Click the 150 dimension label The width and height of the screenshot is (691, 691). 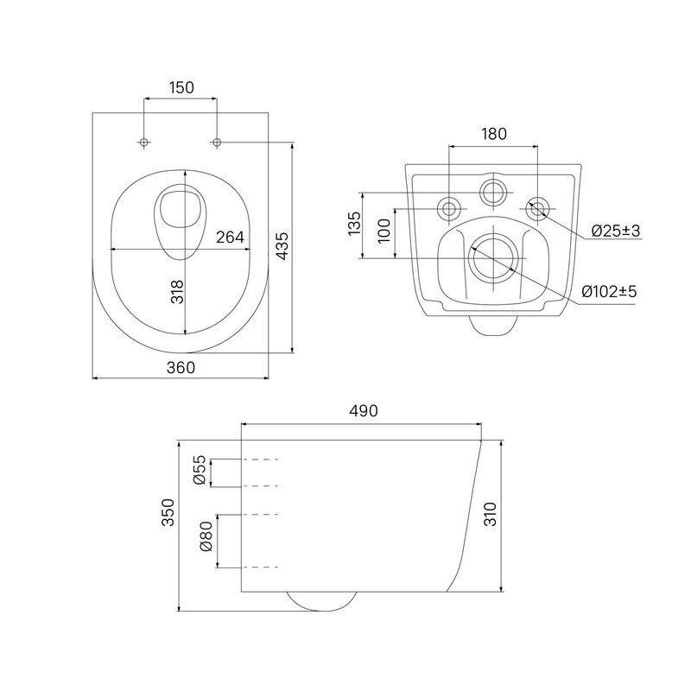[x=181, y=88]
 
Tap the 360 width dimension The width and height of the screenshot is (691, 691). [x=181, y=368]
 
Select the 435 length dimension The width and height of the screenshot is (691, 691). [x=282, y=246]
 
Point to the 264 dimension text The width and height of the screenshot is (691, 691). [x=230, y=237]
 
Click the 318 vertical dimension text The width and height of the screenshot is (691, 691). [x=177, y=292]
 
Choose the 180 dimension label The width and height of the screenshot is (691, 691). [x=493, y=134]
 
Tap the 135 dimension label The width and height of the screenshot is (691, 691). [x=354, y=224]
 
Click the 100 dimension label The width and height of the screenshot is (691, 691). [x=384, y=231]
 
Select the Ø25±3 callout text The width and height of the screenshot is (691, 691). [x=615, y=231]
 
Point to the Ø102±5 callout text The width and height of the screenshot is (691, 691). [x=610, y=292]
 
